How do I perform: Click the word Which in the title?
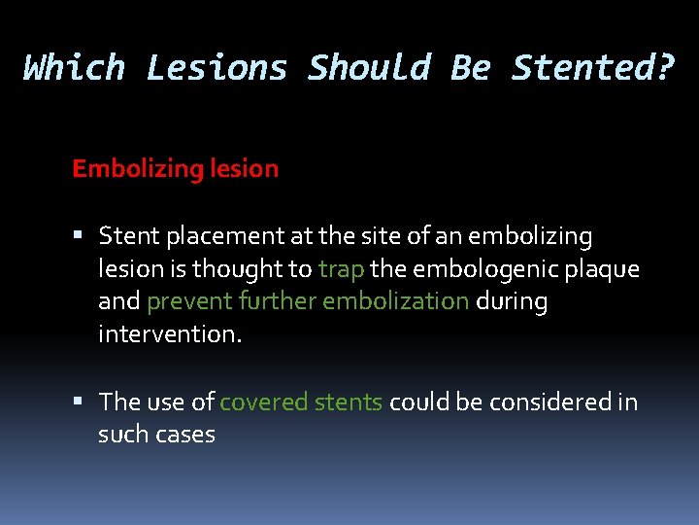point(75,68)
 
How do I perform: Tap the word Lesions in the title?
point(216,68)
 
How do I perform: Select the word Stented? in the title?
point(591,68)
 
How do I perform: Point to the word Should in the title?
point(369,68)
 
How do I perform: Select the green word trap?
point(340,269)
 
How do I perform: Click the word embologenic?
point(473,269)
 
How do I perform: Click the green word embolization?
point(396,301)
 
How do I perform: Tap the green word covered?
point(260,402)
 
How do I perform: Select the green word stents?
point(350,402)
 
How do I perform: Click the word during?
point(512,301)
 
